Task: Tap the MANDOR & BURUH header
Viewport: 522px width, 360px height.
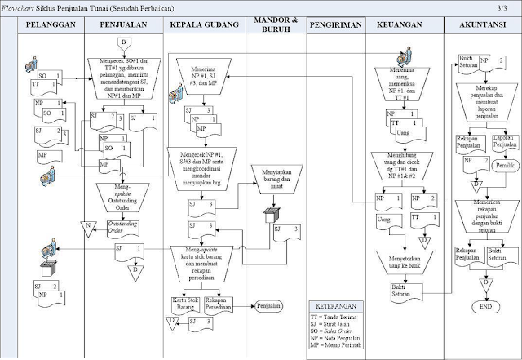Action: [275, 23]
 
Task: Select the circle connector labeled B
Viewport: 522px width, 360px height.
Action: [122, 42]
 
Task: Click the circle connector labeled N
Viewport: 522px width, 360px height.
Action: [85, 224]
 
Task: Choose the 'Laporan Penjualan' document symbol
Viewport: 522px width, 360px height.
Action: [507, 142]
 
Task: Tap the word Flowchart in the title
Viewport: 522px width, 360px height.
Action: [19, 7]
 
